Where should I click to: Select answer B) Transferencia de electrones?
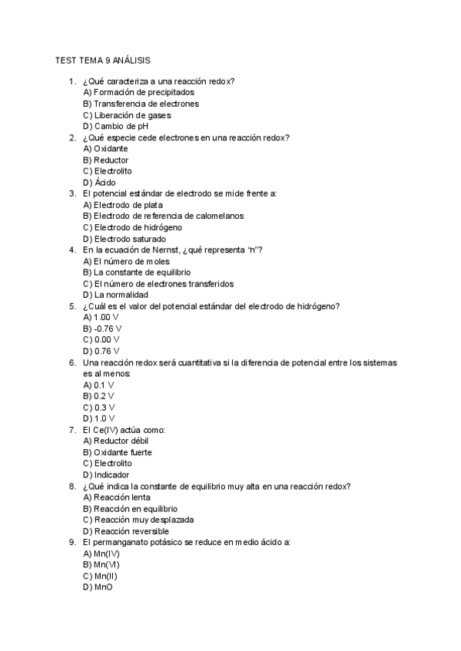coord(141,104)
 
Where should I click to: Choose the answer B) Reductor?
coord(105,160)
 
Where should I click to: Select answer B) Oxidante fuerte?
coord(117,452)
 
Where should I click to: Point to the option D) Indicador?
coord(105,474)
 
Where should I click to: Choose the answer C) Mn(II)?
coord(100,576)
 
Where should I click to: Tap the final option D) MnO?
coord(98,587)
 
